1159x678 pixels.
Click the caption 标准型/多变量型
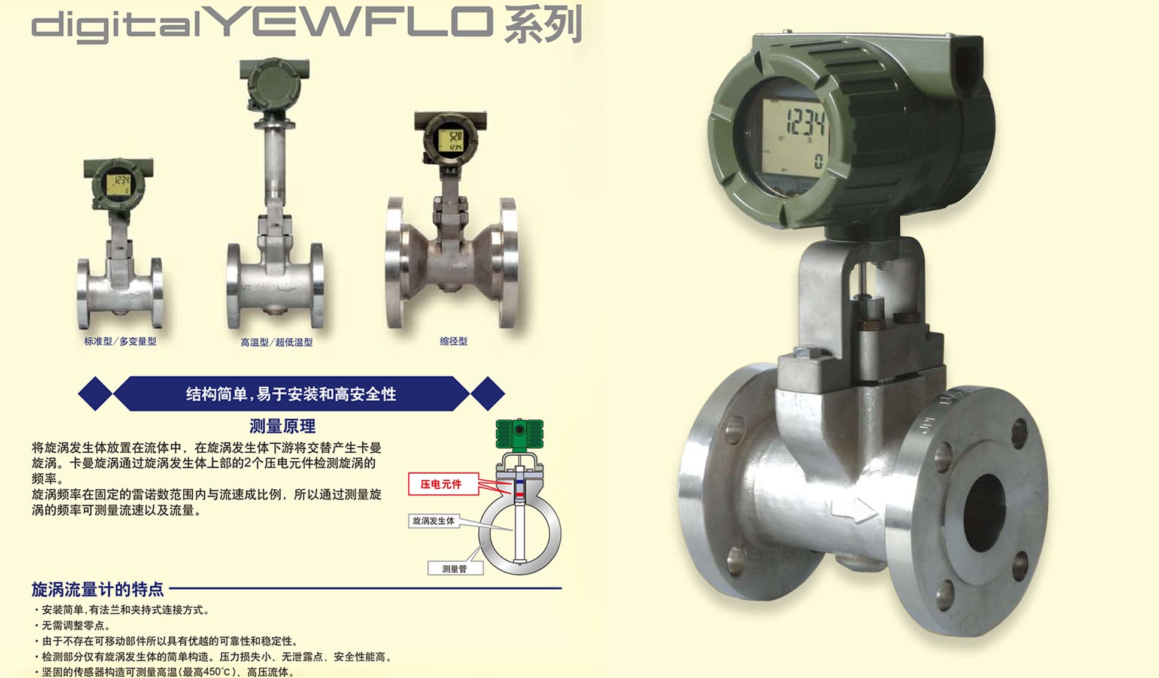tap(120, 341)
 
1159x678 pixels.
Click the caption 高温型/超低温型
tap(277, 343)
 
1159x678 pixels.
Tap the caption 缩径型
tap(453, 341)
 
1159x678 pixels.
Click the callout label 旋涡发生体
tap(434, 521)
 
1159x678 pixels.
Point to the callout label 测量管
tap(454, 568)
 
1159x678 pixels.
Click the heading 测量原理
tap(283, 426)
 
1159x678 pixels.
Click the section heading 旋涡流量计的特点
tap(98, 589)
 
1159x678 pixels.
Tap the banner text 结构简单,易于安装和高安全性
tap(291, 394)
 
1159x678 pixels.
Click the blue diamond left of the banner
tap(95, 394)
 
